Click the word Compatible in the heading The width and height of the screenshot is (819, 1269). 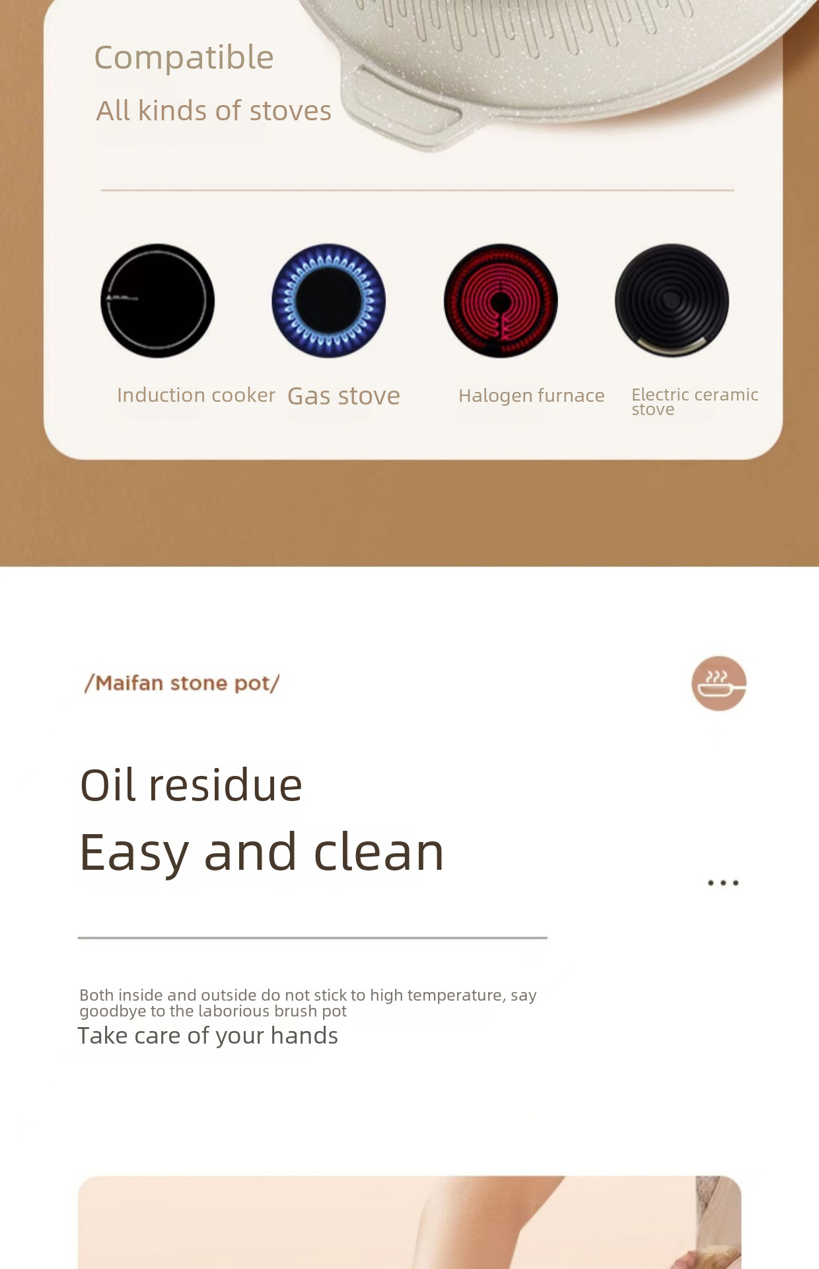pyautogui.click(x=184, y=58)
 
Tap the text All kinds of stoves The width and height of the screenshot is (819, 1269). pyautogui.click(x=214, y=110)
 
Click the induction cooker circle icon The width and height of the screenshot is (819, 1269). pyautogui.click(x=158, y=301)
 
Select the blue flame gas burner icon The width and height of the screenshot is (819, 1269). pyautogui.click(x=329, y=301)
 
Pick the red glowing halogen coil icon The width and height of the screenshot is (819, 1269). pyautogui.click(x=501, y=301)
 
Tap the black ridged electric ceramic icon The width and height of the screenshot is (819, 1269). pyautogui.click(x=672, y=301)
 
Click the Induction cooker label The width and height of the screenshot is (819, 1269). pyautogui.click(x=196, y=395)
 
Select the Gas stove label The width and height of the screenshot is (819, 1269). pyautogui.click(x=344, y=396)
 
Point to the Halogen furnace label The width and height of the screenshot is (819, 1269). pyautogui.click(x=532, y=396)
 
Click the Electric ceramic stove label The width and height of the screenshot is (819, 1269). pyautogui.click(x=695, y=402)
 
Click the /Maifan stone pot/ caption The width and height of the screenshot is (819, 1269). pyautogui.click(x=182, y=683)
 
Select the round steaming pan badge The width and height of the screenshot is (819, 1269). pyautogui.click(x=719, y=683)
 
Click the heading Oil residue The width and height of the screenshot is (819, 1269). pyautogui.click(x=192, y=785)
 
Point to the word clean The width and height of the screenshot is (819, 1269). pyautogui.click(x=379, y=853)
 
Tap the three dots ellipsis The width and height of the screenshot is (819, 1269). pyautogui.click(x=723, y=883)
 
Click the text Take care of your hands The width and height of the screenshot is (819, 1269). pyautogui.click(x=208, y=1036)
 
